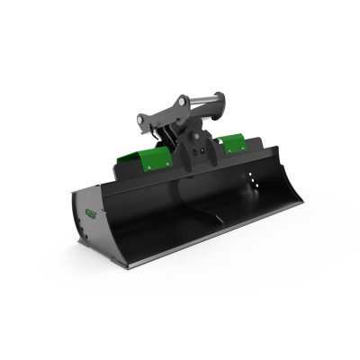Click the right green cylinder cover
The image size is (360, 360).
point(229,142)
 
